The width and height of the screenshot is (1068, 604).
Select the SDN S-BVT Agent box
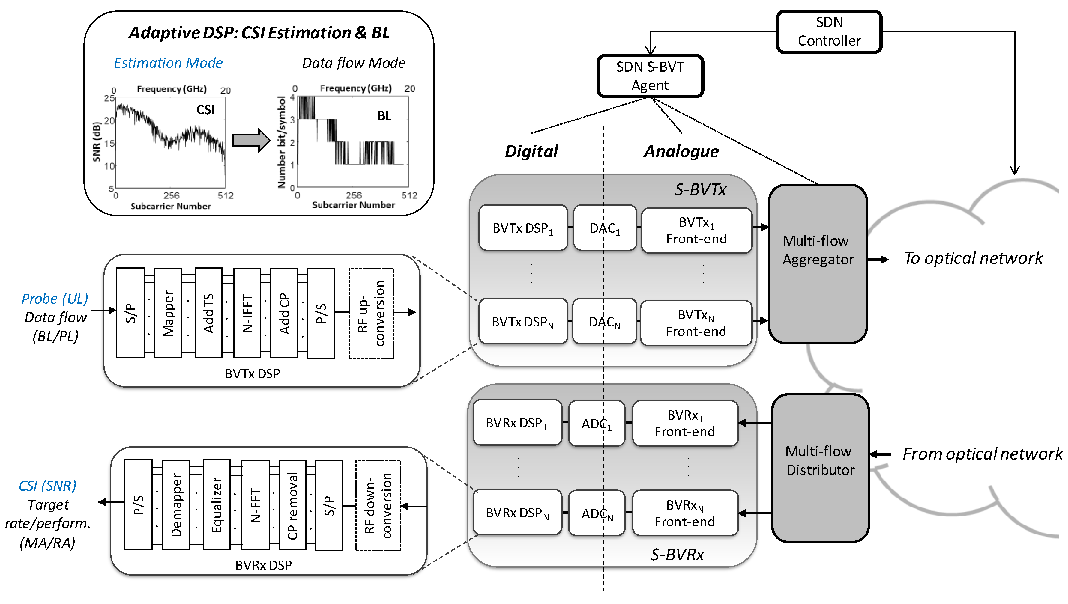650,76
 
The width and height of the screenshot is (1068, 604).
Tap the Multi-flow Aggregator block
818,264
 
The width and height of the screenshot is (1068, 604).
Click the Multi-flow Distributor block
820,468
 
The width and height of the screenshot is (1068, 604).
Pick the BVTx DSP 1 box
523,228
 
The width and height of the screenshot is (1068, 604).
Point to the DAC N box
604,322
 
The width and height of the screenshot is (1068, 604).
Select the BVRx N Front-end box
685,513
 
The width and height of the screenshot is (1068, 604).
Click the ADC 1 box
597,423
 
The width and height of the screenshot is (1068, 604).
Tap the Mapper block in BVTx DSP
168,313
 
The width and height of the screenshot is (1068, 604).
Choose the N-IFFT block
247,313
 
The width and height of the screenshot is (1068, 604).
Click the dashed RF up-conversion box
371,313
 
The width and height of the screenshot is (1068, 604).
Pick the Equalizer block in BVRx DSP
216,505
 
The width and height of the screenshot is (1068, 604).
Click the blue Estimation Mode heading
168,63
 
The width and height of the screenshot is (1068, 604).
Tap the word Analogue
681,151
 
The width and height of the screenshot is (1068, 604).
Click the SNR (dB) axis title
97,141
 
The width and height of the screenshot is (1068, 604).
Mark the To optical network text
973,258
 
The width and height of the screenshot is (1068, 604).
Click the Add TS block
208,313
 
